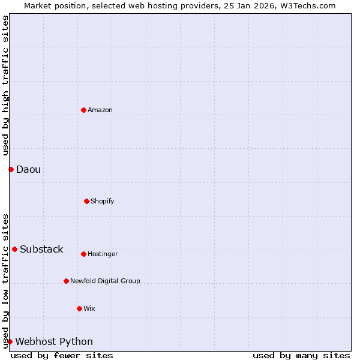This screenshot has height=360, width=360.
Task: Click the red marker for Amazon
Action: (x=83, y=110)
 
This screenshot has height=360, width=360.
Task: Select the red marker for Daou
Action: (x=11, y=169)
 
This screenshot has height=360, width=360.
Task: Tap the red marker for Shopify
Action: (x=86, y=201)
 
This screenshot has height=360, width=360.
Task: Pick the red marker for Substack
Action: (x=14, y=249)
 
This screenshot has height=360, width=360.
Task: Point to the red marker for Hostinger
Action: (x=83, y=254)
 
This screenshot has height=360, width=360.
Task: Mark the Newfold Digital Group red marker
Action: (x=66, y=281)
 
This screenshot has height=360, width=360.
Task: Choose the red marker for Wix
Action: (x=79, y=308)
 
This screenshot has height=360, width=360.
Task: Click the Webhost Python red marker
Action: (x=10, y=341)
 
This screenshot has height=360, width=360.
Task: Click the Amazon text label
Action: (x=100, y=110)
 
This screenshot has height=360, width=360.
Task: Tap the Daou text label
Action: (x=29, y=169)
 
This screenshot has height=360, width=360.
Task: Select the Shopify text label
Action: (x=103, y=201)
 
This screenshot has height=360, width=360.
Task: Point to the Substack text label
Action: (x=41, y=249)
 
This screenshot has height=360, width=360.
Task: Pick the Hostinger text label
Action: (x=103, y=254)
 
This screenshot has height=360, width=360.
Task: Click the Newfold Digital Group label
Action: (x=105, y=281)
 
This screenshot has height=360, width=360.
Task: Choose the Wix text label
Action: (x=89, y=308)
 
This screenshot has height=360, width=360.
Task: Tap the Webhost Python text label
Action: (x=54, y=341)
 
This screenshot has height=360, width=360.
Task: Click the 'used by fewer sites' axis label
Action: (x=62, y=355)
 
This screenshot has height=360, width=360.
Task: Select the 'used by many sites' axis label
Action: (x=301, y=355)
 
